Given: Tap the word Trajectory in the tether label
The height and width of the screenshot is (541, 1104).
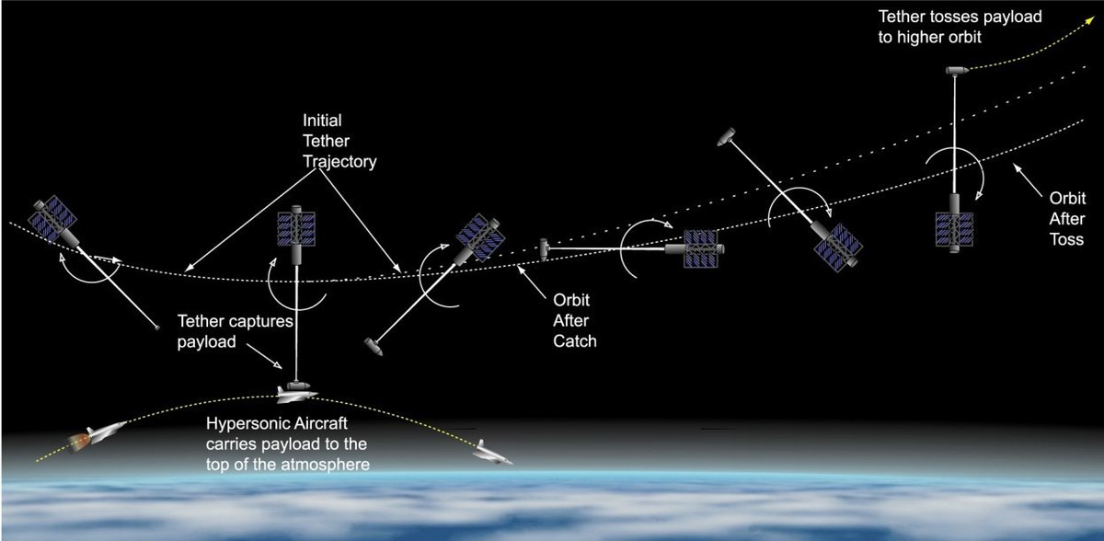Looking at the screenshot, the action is pyautogui.click(x=339, y=162).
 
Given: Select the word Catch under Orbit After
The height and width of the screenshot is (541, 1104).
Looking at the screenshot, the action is pyautogui.click(x=575, y=341).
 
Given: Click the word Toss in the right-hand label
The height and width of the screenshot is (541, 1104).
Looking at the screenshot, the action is pyautogui.click(x=1066, y=239).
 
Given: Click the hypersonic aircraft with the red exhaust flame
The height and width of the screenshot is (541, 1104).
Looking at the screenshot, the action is pyautogui.click(x=98, y=434).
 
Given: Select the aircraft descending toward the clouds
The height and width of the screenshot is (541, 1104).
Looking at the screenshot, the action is pyautogui.click(x=491, y=454).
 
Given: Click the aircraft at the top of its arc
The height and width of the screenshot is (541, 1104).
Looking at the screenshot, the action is pyautogui.click(x=295, y=394).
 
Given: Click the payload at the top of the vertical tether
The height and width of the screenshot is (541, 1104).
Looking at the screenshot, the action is pyautogui.click(x=956, y=71).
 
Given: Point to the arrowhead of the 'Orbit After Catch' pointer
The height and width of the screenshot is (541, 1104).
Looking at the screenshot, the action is pyautogui.click(x=520, y=270).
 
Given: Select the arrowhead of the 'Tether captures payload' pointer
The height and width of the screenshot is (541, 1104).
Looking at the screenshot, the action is pyautogui.click(x=278, y=365).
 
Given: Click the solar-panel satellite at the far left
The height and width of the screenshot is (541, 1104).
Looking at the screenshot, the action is pyautogui.click(x=53, y=220).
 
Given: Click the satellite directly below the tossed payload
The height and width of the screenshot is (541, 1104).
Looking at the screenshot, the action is pyautogui.click(x=955, y=224).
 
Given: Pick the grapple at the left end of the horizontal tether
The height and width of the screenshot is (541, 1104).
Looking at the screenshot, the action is pyautogui.click(x=544, y=249).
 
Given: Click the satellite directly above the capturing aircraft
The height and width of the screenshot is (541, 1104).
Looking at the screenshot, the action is pyautogui.click(x=295, y=233).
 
